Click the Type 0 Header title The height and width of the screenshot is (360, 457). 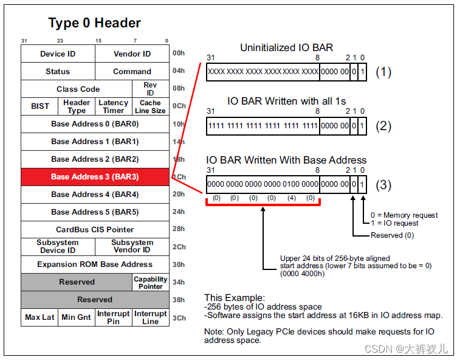(94, 23)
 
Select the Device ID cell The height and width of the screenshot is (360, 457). (58, 54)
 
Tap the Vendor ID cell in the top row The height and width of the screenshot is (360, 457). (132, 54)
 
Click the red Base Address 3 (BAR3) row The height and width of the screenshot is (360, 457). (95, 177)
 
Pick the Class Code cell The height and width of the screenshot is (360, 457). (78, 89)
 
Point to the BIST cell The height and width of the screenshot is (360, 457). (40, 106)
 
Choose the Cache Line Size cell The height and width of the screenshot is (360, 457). (150, 106)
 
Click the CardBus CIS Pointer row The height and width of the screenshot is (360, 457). (95, 230)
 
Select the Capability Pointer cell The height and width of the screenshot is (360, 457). (150, 283)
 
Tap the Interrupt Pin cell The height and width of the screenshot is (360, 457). (114, 317)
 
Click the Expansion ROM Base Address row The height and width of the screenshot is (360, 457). (95, 265)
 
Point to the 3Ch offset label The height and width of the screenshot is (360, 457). (179, 318)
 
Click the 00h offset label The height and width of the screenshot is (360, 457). (179, 54)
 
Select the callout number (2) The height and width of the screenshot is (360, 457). (383, 126)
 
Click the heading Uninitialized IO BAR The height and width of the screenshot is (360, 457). (286, 47)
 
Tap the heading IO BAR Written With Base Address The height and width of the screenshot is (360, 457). (286, 161)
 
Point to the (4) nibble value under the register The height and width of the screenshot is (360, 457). (291, 198)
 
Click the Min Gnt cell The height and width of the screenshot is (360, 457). (77, 317)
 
